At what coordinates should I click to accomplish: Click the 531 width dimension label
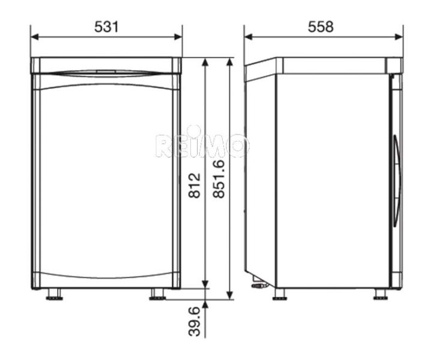pyautogui.click(x=106, y=26)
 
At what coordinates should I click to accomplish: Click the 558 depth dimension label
pyautogui.click(x=321, y=26)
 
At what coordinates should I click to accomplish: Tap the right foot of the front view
pyautogui.click(x=158, y=294)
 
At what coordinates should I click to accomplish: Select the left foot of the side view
pyautogui.click(x=279, y=295)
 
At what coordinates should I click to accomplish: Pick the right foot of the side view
pyautogui.click(x=381, y=295)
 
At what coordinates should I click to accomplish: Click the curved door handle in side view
pyautogui.click(x=396, y=180)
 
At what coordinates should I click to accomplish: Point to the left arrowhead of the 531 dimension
pyautogui.click(x=34, y=37)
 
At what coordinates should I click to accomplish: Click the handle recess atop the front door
pyautogui.click(x=106, y=73)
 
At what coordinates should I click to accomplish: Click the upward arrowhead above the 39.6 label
pyautogui.click(x=205, y=304)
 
